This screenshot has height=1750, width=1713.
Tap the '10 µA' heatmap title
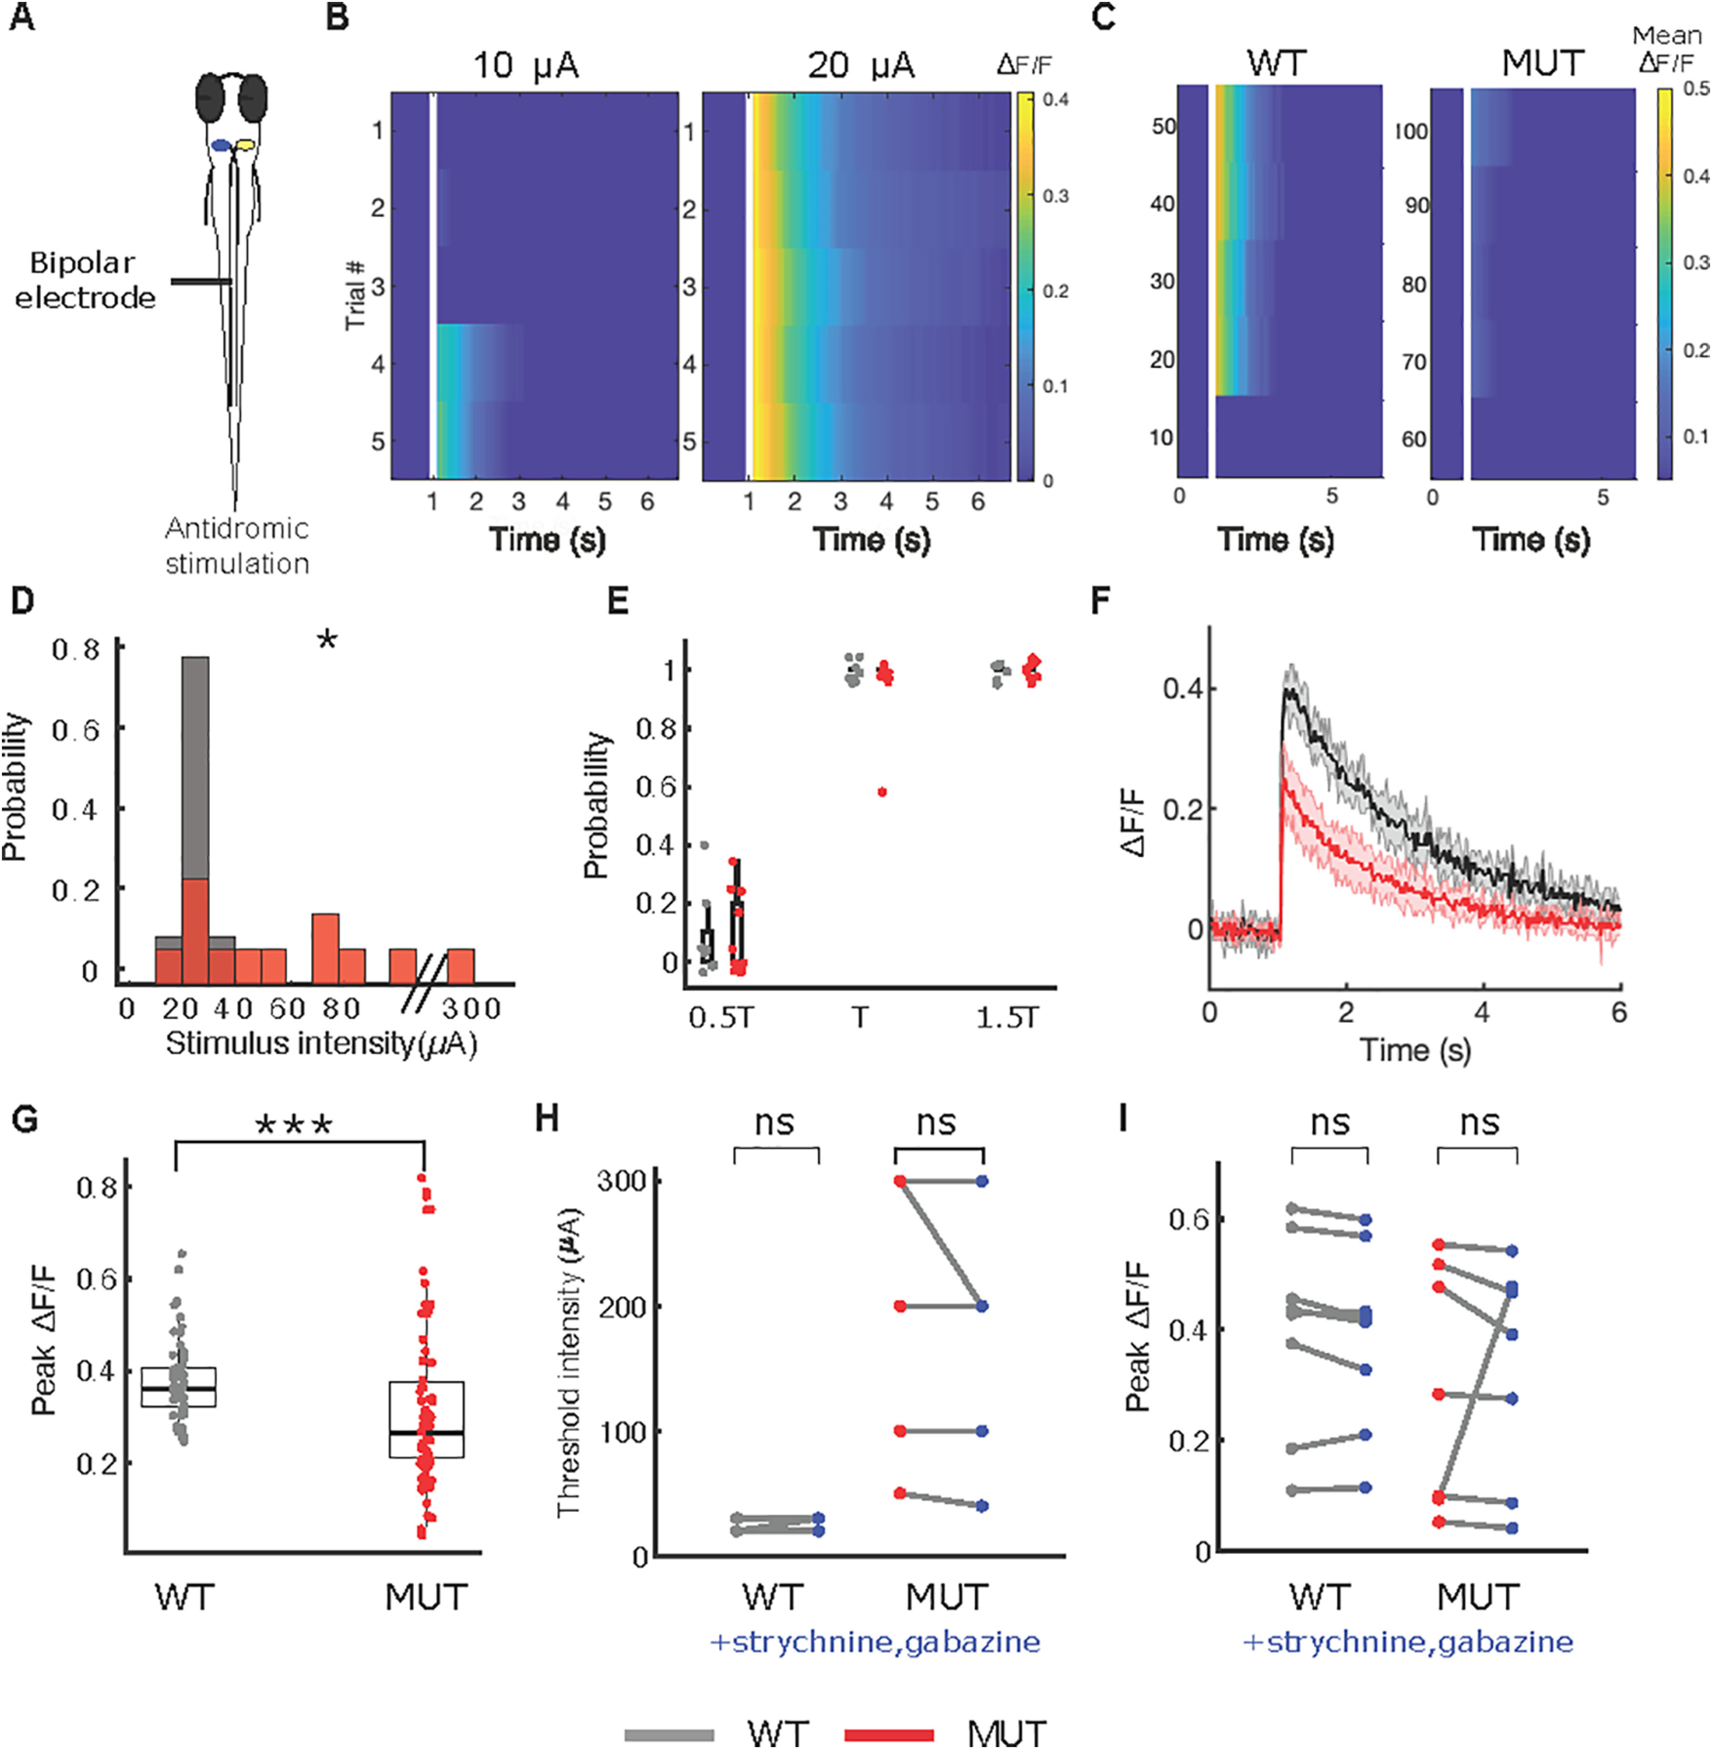click(526, 66)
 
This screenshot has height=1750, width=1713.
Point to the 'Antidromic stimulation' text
click(237, 545)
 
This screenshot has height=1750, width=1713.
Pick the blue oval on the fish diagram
click(221, 144)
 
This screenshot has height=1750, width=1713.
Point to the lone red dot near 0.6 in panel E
click(882, 792)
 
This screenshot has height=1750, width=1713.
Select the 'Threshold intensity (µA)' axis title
click(570, 1363)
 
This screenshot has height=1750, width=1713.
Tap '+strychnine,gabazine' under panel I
click(1408, 1642)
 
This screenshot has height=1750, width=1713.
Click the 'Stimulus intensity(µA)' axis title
click(321, 1044)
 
